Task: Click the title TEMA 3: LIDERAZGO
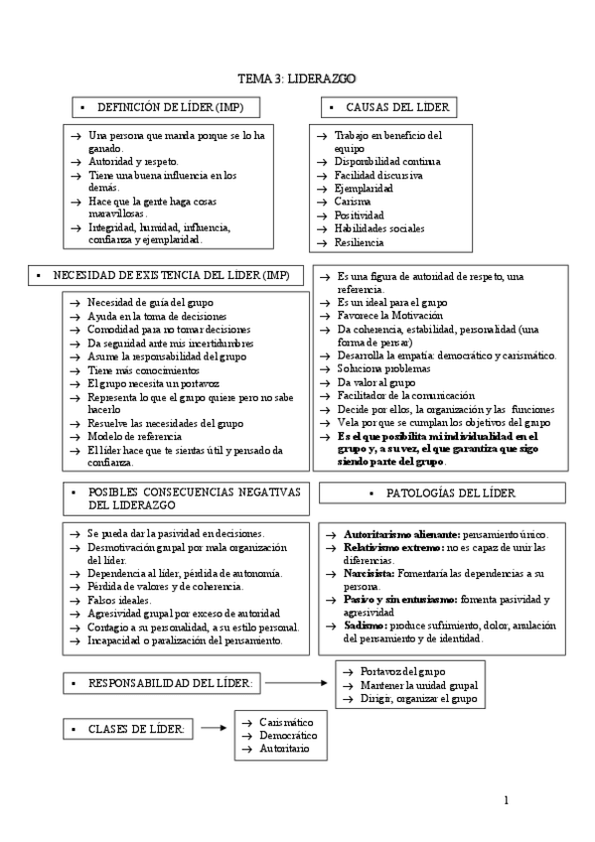point(297,77)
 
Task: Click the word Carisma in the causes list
point(354,201)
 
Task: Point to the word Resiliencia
point(359,241)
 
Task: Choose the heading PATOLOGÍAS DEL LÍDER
point(449,492)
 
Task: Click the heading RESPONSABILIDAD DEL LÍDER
point(170,684)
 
